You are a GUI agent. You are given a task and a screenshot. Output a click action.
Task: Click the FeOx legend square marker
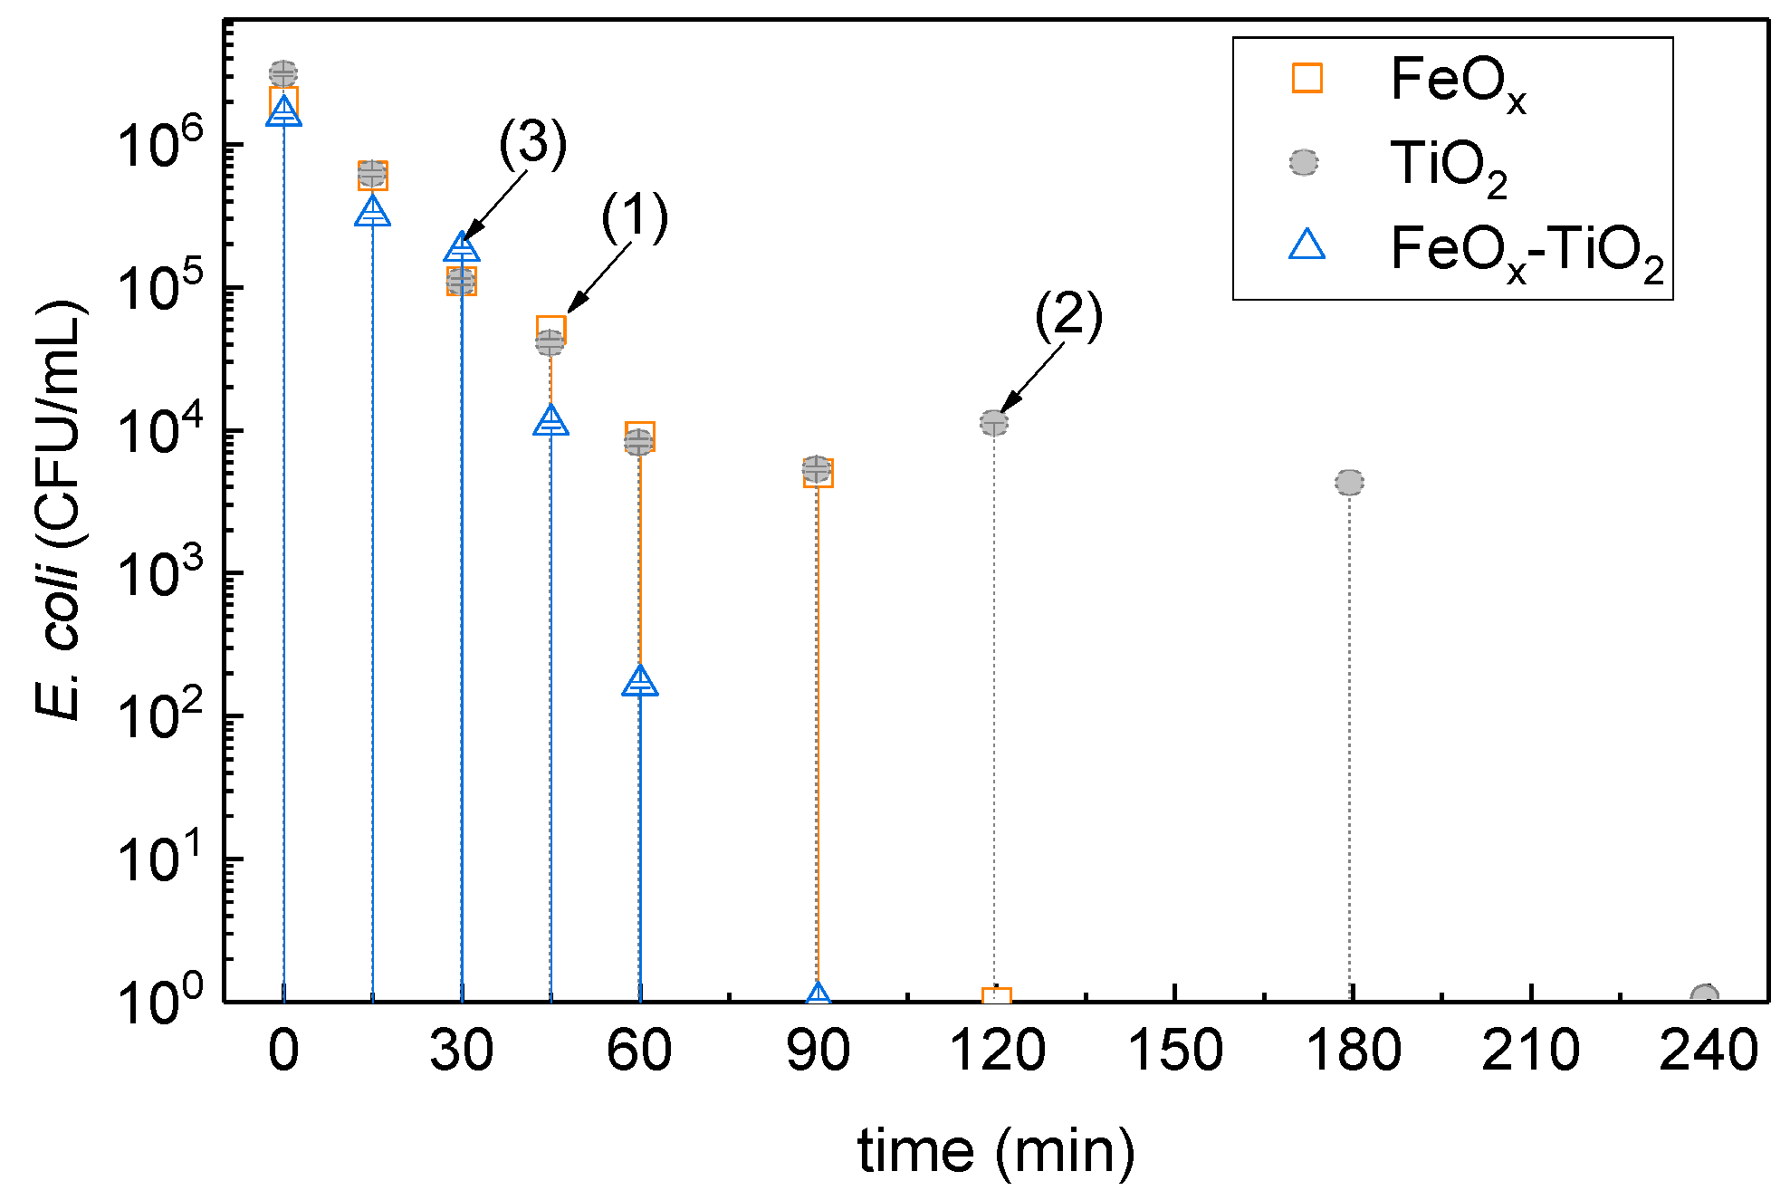point(1307,78)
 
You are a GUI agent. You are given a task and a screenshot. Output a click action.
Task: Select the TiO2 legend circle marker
point(1304,162)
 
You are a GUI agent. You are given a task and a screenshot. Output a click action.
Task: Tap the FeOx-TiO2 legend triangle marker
point(1307,245)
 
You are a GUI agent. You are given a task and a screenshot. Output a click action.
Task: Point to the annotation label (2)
point(1068,316)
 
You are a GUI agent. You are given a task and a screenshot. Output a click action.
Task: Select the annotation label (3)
point(533,144)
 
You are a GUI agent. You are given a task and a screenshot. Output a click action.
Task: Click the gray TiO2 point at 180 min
point(1349,483)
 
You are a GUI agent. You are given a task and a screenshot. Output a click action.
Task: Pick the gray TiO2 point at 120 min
point(993,423)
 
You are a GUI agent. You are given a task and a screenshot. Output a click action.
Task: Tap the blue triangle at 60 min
point(640,682)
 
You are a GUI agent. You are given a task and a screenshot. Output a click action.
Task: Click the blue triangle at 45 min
point(550,421)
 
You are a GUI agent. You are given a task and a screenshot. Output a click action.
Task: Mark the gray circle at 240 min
point(1705,997)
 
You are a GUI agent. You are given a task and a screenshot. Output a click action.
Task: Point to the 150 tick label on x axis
point(1174,1051)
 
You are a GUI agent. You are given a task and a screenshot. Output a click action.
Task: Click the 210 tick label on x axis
point(1530,1051)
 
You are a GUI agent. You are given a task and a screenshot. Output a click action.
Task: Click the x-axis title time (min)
point(996,1151)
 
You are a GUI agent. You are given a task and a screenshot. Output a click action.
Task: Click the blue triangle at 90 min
point(818,995)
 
